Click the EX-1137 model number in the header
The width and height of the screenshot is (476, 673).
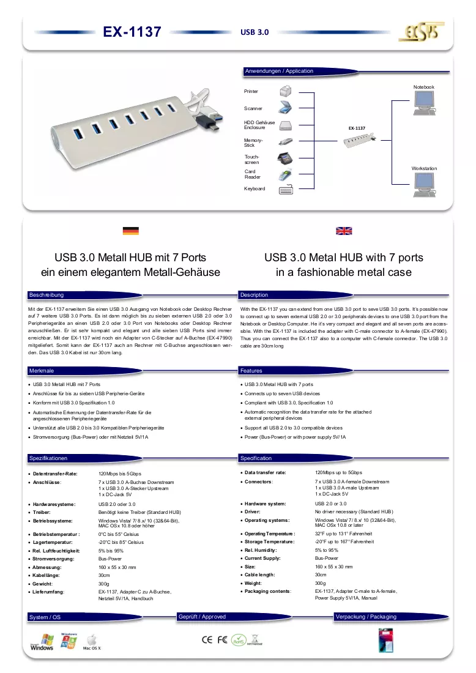132,32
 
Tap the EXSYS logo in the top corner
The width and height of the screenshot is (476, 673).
421,32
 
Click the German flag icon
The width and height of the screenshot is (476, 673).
130,231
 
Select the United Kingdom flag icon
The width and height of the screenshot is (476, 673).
344,231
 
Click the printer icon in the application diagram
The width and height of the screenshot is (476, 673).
286,91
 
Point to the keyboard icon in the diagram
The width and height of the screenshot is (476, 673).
286,189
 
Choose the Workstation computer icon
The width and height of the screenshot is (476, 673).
425,185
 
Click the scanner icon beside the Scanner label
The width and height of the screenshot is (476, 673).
285,107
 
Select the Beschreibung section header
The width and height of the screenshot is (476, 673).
46,295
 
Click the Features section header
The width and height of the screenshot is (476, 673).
251,370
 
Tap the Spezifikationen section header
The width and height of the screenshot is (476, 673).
48,458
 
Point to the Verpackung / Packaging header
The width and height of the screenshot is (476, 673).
366,616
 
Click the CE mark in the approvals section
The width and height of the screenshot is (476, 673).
207,639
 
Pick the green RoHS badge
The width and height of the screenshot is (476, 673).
239,640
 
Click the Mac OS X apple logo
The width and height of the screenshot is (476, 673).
92,639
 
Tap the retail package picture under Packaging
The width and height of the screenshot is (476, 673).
385,640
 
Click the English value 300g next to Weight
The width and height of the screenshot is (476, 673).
320,583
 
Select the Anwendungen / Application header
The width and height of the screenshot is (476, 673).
279,71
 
